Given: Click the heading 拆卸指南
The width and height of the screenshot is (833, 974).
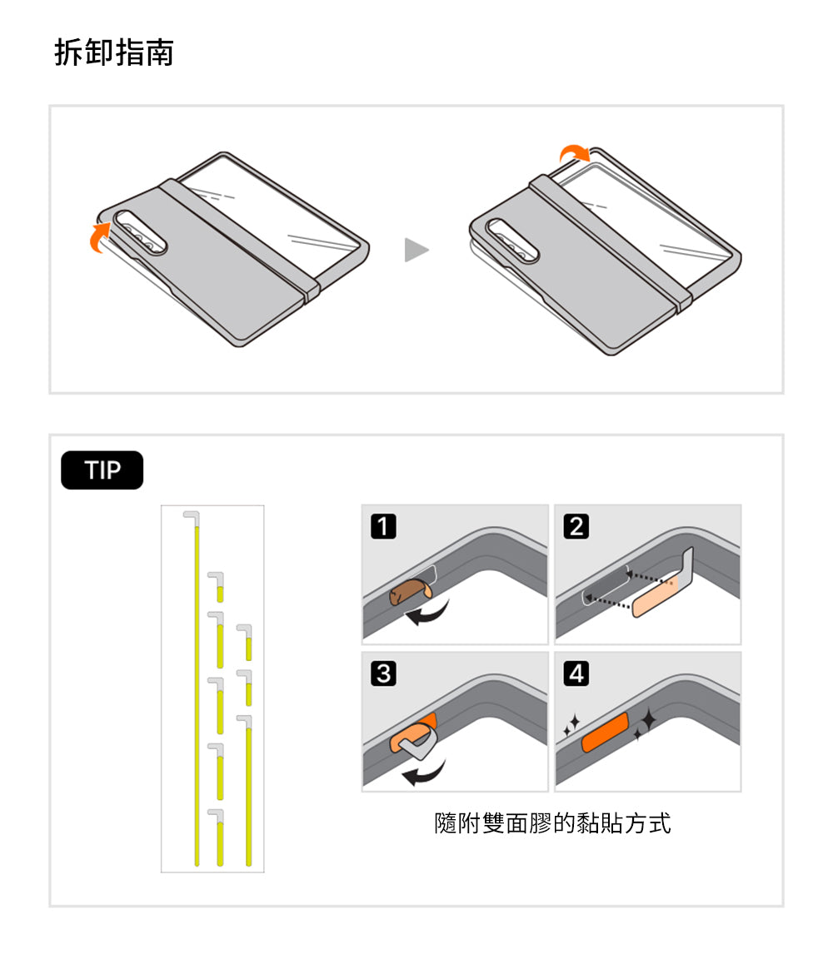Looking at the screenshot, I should click(114, 52).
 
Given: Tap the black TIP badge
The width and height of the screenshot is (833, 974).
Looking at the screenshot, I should click(102, 470).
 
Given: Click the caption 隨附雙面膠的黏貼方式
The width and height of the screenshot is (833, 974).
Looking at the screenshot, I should click(552, 823).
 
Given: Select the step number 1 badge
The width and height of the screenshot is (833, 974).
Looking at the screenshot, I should click(382, 526).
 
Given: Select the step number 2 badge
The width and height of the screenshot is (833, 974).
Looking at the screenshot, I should click(576, 526).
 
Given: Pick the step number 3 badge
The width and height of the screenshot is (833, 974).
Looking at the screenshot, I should click(382, 673).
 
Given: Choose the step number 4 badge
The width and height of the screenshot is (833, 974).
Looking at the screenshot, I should click(576, 673).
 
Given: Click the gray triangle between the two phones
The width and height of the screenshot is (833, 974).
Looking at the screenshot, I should click(416, 249).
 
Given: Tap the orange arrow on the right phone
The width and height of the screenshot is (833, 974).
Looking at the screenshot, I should click(573, 153).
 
